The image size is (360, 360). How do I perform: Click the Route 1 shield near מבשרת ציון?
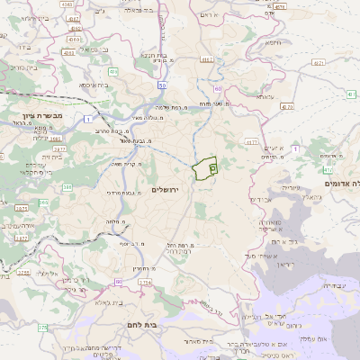click(89, 118)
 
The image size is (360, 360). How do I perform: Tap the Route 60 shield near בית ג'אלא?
click(118, 282)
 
